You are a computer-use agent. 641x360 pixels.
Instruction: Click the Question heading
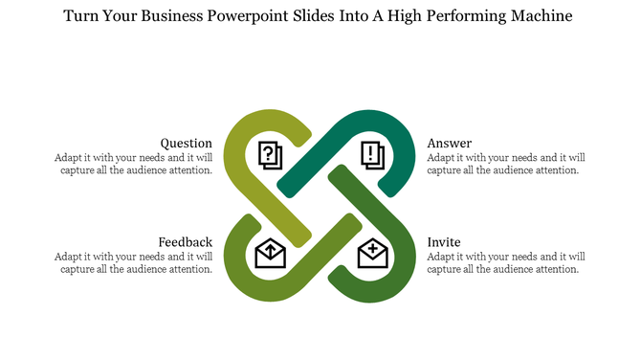click(x=186, y=144)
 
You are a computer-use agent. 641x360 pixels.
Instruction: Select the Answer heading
click(x=450, y=144)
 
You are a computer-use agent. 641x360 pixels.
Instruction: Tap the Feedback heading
click(x=185, y=242)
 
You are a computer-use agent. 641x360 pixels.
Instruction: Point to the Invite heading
click(x=444, y=242)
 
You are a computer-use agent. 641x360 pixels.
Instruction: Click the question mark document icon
click(x=271, y=153)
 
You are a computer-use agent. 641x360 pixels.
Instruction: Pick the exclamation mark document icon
click(x=372, y=153)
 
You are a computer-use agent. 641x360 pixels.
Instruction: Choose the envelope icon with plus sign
click(x=372, y=253)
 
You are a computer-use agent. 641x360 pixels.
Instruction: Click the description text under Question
click(x=133, y=164)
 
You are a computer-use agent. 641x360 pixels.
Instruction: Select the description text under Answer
click(x=506, y=164)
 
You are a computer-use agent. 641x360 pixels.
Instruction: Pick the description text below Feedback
click(x=133, y=262)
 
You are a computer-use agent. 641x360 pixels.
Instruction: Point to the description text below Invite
click(x=506, y=262)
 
